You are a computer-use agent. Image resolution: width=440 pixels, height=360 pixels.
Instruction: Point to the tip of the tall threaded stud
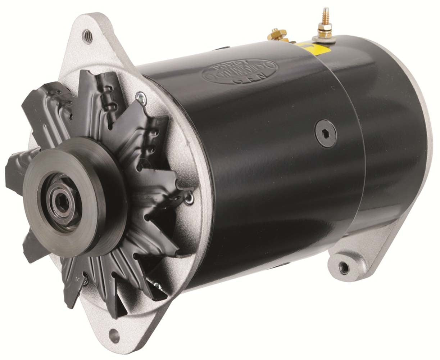point(326,9)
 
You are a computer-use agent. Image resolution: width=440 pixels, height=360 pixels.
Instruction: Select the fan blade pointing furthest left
point(14,169)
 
